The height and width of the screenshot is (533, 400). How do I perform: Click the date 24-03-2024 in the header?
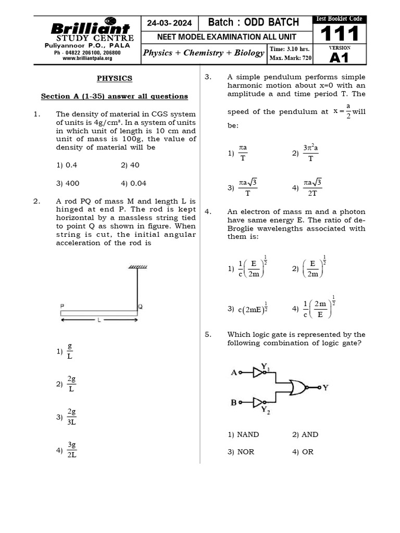coord(169,23)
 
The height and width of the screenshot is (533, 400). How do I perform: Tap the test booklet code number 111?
coord(340,34)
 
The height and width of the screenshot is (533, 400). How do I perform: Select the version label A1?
coord(340,58)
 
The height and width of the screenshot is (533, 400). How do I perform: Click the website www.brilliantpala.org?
coord(87,59)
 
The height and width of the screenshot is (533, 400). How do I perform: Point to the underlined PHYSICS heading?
coord(115,79)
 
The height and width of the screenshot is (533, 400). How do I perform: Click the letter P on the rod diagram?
coord(63,306)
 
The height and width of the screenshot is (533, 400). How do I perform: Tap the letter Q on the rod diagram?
coord(139,306)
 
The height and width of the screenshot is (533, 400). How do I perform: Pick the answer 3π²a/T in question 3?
coord(310,154)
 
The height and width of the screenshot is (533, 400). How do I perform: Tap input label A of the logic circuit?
coord(234,372)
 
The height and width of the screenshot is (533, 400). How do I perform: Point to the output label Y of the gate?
coord(326,387)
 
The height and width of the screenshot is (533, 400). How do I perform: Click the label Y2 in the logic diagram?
coord(266,410)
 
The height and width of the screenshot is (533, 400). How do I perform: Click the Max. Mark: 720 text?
coord(290,58)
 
